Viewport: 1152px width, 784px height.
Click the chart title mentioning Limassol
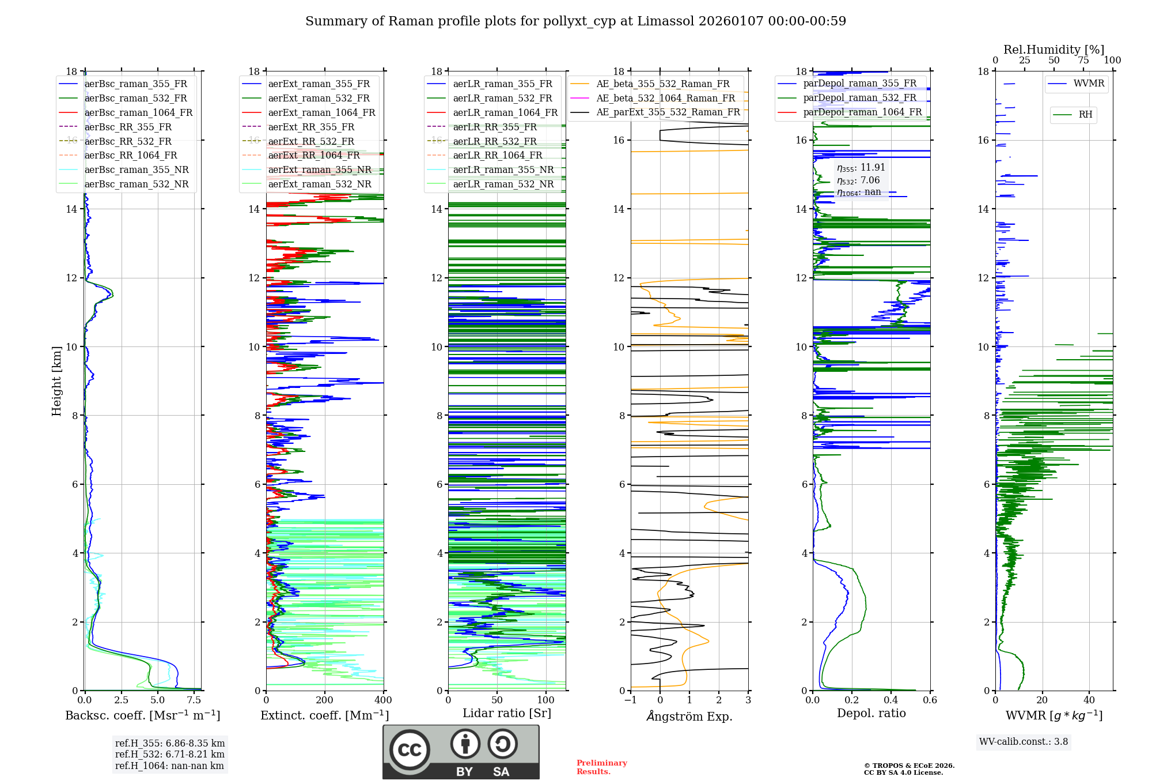click(x=575, y=21)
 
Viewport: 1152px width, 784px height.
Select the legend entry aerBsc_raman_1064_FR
click(x=138, y=112)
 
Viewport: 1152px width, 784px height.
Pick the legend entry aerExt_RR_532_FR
click(x=311, y=141)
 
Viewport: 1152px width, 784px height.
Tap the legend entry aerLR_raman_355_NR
click(x=503, y=169)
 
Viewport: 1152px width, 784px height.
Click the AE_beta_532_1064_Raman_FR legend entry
click(x=665, y=98)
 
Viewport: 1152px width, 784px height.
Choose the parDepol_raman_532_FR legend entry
click(x=859, y=97)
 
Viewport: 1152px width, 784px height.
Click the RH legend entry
click(x=1085, y=115)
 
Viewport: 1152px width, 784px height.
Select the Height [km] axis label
click(x=56, y=381)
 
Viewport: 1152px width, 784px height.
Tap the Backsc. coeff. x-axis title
click(x=142, y=715)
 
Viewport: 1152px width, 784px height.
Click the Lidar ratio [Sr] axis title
click(x=507, y=713)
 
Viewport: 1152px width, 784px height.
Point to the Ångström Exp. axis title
click(x=689, y=717)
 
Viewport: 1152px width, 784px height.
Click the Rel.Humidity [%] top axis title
click(x=1054, y=50)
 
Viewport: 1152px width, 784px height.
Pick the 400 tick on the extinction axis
click(x=383, y=700)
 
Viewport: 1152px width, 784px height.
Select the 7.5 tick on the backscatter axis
click(x=194, y=700)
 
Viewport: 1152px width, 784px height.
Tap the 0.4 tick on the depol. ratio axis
click(x=890, y=700)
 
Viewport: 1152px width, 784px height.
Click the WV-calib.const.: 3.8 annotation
click(x=1024, y=742)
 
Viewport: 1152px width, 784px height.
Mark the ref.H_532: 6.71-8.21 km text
click(x=169, y=754)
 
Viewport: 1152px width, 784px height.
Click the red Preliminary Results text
click(x=601, y=767)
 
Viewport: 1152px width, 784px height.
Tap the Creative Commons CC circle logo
click(x=410, y=749)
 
